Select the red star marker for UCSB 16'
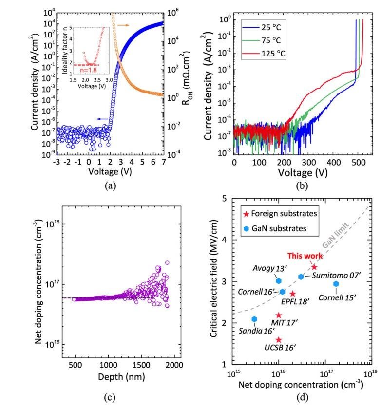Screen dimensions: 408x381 coord(279,340)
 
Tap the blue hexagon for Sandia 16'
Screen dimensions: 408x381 coord(254,319)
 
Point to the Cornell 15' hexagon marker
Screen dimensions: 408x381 coord(336,284)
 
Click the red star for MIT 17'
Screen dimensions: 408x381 coord(279,315)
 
